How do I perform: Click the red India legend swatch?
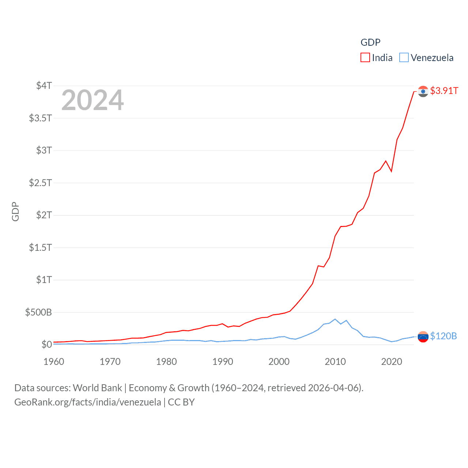click(365, 58)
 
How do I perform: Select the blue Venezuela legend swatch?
click(404, 58)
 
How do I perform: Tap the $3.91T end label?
click(444, 91)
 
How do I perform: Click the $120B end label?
click(443, 336)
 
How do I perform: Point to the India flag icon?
click(423, 91)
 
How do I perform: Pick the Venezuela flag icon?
click(423, 337)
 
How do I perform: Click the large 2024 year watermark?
click(93, 100)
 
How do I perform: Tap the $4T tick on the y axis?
click(44, 86)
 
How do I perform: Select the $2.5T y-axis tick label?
click(40, 182)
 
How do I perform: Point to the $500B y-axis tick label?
click(38, 312)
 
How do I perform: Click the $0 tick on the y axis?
click(46, 344)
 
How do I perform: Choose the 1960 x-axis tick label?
click(54, 362)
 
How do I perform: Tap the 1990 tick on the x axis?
click(223, 362)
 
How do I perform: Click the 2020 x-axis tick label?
click(392, 362)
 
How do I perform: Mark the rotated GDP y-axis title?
click(15, 211)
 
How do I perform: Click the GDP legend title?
click(370, 42)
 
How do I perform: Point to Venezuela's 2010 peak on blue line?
click(335, 319)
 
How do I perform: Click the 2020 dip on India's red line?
click(391, 171)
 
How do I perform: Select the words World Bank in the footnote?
click(97, 388)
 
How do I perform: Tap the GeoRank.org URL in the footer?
click(87, 402)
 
